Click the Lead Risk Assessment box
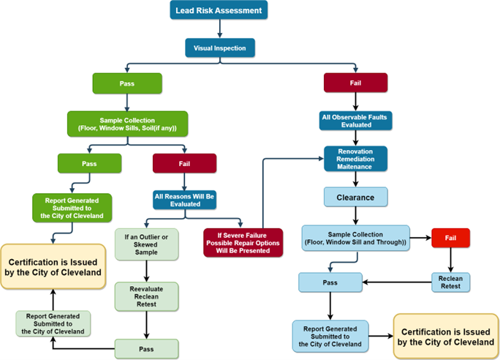(219, 10)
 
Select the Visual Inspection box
(219, 49)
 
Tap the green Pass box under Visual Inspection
(126, 83)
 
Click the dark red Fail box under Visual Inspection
(355, 83)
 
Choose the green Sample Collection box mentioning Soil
(127, 124)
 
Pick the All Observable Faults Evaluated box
(356, 120)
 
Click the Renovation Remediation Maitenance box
(355, 158)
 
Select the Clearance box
(355, 197)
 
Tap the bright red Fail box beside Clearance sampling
(450, 238)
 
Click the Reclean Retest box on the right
(450, 282)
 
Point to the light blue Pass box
(330, 282)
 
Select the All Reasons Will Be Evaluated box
(184, 200)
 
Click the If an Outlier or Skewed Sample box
(147, 243)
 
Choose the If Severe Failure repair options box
(243, 242)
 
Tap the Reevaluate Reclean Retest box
(147, 298)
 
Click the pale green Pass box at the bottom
(147, 348)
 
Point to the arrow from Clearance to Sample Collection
(355, 216)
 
